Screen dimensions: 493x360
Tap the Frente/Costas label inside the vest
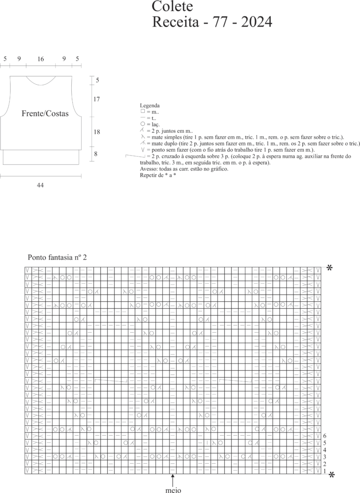(45, 114)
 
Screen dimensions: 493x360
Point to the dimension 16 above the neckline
(40, 59)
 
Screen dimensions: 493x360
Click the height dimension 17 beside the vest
(97, 100)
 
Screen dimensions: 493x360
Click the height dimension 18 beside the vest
(97, 131)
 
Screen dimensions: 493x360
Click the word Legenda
(150, 105)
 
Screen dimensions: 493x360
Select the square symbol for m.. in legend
(142, 112)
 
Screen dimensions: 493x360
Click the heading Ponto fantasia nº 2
(57, 258)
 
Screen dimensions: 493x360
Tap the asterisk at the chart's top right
(330, 269)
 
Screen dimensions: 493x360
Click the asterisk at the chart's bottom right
(331, 475)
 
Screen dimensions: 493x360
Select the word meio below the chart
(173, 491)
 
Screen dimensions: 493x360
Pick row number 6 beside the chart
(325, 436)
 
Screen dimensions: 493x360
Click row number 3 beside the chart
(325, 456)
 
